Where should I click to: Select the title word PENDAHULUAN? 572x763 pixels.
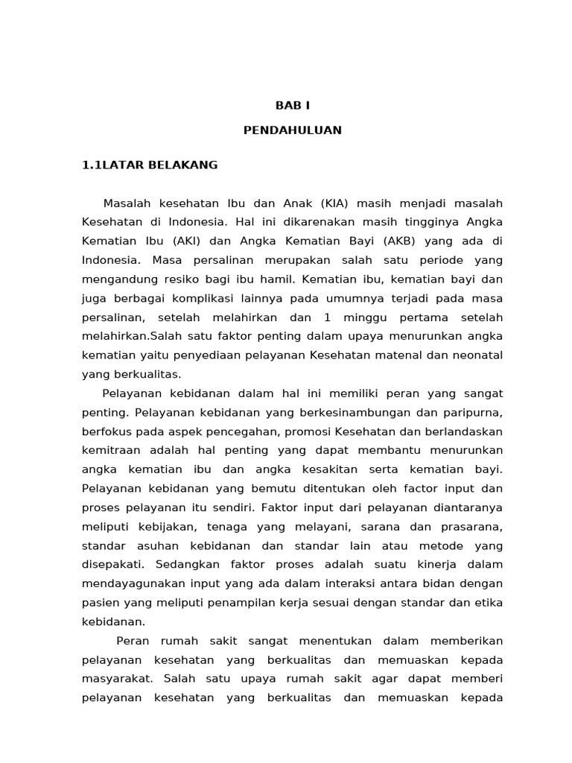click(293, 130)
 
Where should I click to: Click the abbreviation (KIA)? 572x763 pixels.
click(336, 203)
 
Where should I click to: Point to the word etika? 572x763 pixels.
click(488, 602)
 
